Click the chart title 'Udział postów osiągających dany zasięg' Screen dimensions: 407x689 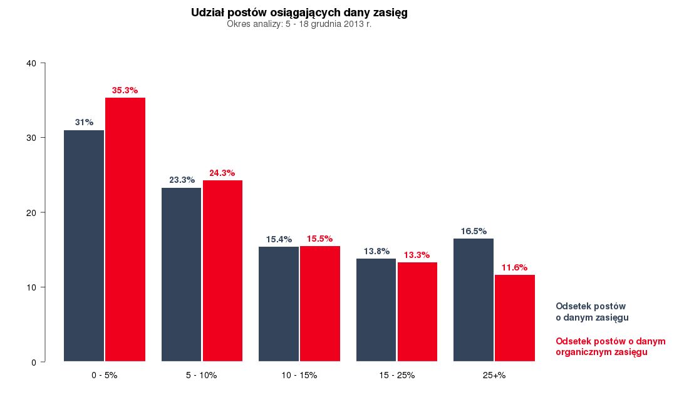(299, 13)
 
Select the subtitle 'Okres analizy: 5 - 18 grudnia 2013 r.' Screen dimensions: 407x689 (299, 24)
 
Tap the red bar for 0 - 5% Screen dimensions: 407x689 (125, 229)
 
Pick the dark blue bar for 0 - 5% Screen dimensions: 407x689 (84, 245)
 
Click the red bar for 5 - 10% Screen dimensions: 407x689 (222, 270)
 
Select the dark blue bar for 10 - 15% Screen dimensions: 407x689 (279, 304)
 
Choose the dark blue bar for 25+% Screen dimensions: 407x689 (474, 300)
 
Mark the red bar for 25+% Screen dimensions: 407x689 (515, 318)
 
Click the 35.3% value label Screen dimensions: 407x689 (125, 90)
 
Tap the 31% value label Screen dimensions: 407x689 (84, 122)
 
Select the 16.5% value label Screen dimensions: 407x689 (474, 231)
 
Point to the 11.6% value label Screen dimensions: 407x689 (514, 267)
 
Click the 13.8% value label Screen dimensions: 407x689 (376, 251)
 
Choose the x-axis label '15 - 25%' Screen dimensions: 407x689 (396, 376)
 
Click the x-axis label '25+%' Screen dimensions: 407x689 (494, 376)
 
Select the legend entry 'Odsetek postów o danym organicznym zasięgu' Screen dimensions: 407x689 (610, 347)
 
